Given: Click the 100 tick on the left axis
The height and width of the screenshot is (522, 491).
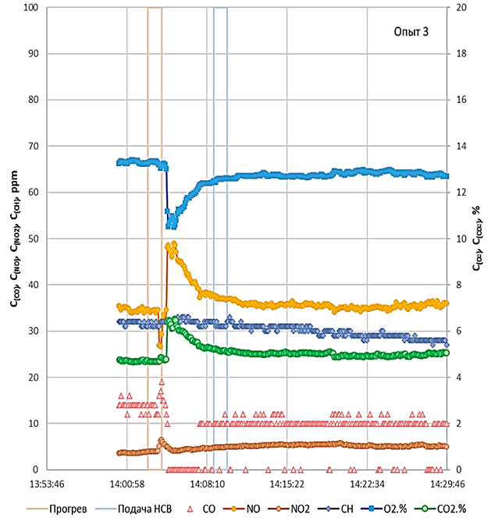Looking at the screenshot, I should pyautogui.click(x=30, y=8).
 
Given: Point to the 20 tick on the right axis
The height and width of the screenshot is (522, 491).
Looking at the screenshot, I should pyautogui.click(x=461, y=8).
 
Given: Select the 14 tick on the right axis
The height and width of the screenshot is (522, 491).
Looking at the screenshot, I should pyautogui.click(x=461, y=147).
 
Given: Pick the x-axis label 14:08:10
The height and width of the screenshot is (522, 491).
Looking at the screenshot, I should pyautogui.click(x=205, y=484).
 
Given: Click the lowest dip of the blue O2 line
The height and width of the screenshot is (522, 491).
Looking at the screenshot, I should pyautogui.click(x=171, y=226).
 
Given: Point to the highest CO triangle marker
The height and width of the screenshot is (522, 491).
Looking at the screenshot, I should pyautogui.click(x=162, y=382).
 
